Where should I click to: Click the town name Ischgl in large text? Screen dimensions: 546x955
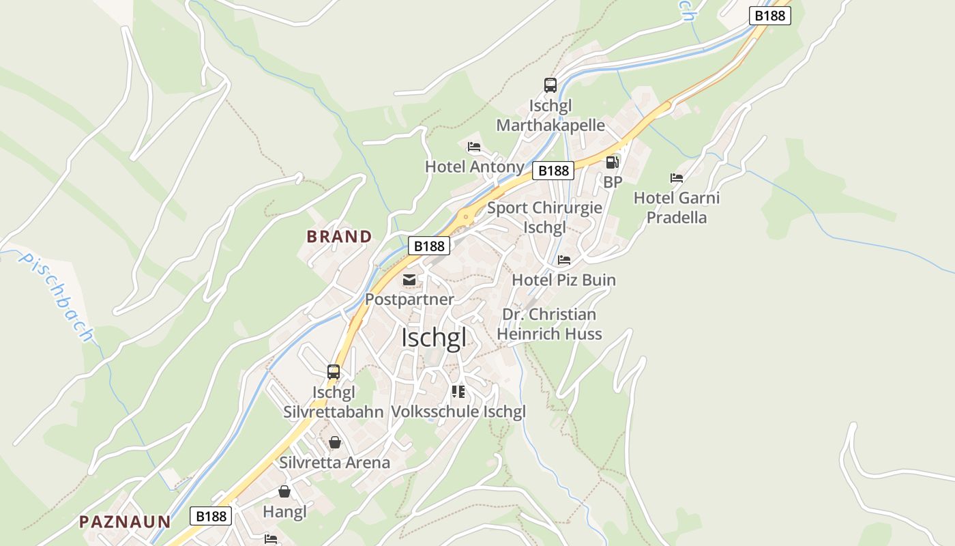tap(434, 338)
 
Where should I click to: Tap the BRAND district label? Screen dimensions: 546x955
tap(339, 237)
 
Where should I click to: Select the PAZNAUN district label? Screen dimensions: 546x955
tap(125, 522)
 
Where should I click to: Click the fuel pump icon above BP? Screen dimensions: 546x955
tap(612, 162)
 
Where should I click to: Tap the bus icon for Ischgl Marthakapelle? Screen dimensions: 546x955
tap(550, 85)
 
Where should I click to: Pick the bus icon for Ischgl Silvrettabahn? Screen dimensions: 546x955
tap(334, 372)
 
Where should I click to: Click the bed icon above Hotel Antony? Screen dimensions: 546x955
tap(474, 147)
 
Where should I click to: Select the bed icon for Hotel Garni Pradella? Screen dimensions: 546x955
tap(676, 178)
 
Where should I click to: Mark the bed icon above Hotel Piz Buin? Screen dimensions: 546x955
tap(563, 260)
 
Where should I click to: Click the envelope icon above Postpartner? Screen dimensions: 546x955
tap(409, 280)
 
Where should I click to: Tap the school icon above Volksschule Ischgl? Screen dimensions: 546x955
tap(458, 392)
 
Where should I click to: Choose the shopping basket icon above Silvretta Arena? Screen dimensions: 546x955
tap(334, 443)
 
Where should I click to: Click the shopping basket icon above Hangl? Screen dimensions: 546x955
tap(284, 491)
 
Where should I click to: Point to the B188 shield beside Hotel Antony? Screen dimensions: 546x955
tap(553, 171)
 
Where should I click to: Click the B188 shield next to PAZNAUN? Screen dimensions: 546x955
tap(211, 516)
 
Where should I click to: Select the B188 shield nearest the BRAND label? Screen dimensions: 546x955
tap(429, 246)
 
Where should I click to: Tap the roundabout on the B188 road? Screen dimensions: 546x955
tap(466, 218)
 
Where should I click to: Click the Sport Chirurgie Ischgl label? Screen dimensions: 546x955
tap(544, 217)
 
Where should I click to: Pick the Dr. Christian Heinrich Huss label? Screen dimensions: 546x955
tap(549, 324)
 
